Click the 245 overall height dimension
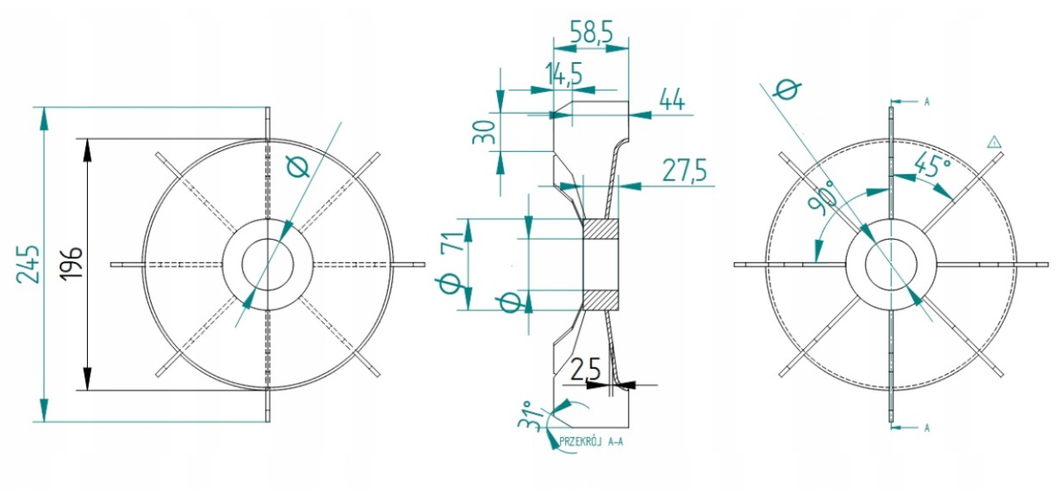[x=28, y=263]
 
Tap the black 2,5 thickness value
[x=585, y=371]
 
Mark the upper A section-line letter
[x=926, y=102]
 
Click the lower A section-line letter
[x=926, y=427]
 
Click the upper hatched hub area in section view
[x=600, y=229]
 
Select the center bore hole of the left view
[x=268, y=264]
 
